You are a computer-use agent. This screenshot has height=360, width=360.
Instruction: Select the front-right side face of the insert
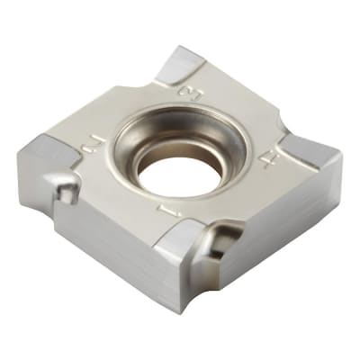coord(270,234)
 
